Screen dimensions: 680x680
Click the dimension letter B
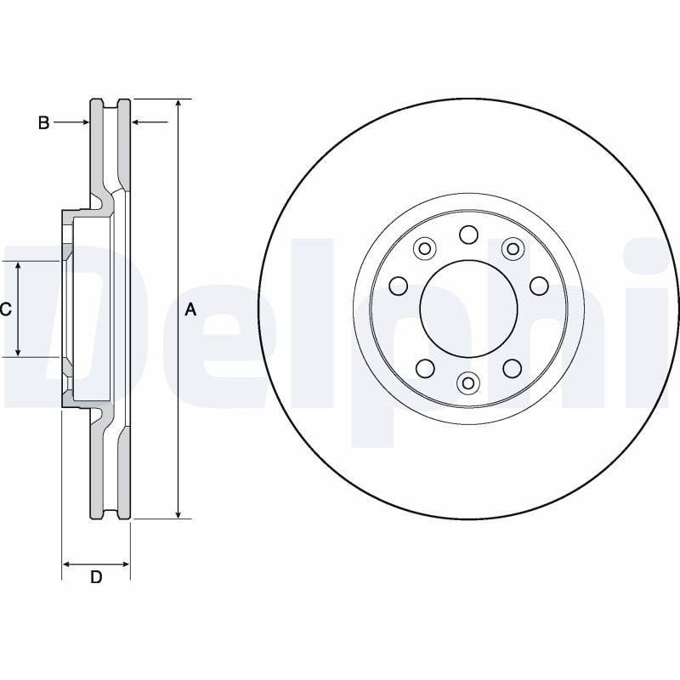(x=44, y=123)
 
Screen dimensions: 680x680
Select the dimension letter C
(x=5, y=309)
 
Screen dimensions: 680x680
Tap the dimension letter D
(x=96, y=578)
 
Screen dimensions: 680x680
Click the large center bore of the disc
(x=468, y=309)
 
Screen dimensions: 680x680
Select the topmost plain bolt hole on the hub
(x=468, y=234)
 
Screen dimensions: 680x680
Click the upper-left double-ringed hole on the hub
(x=424, y=248)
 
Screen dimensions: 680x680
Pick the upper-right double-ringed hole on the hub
(x=512, y=248)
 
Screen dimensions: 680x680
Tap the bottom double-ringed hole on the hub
(x=467, y=384)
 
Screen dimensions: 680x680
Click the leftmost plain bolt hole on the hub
(x=398, y=285)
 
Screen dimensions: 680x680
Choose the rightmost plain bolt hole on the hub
(x=538, y=285)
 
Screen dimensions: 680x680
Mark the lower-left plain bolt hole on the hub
(x=424, y=368)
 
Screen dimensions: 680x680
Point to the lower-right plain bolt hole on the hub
(x=512, y=368)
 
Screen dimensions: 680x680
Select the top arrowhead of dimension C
(x=19, y=267)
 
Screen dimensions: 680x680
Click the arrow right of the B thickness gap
(x=139, y=123)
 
